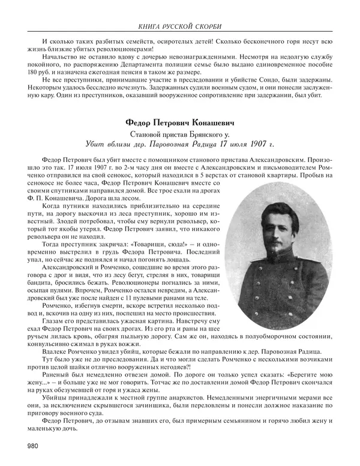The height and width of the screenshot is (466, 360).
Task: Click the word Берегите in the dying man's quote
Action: click(284, 374)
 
